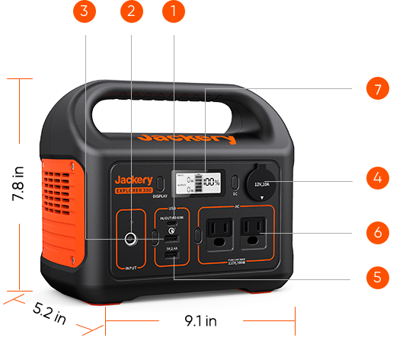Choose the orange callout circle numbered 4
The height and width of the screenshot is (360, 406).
(376, 179)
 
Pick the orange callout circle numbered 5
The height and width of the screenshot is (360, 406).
(376, 276)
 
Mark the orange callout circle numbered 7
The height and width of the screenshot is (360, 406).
(376, 89)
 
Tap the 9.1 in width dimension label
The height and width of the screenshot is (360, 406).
(200, 321)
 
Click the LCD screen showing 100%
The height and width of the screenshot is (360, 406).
(196, 183)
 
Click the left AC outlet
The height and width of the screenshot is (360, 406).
(220, 233)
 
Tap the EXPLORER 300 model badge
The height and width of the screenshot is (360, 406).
(133, 191)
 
